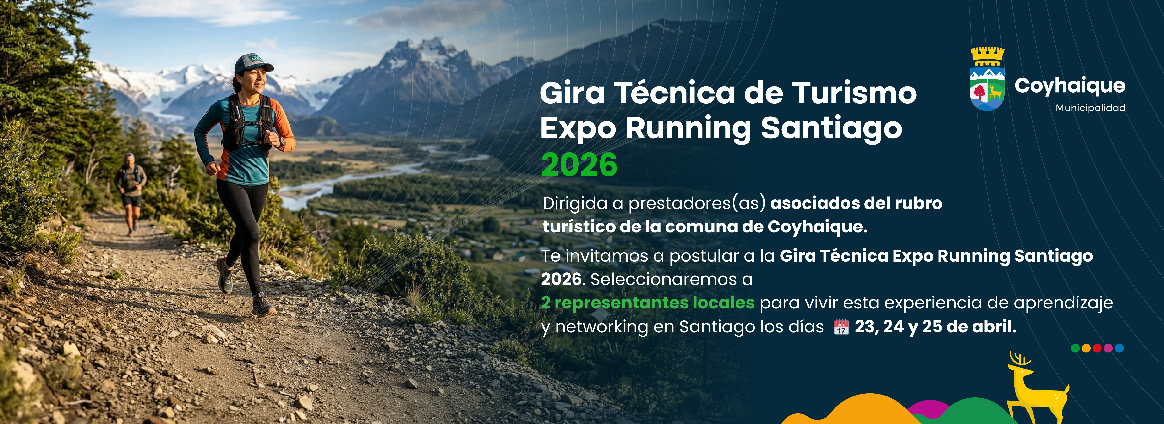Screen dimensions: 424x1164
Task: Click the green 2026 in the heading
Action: [579, 165]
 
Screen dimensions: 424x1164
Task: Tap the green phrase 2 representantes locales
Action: [648, 303]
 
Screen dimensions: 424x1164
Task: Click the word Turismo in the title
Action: [854, 93]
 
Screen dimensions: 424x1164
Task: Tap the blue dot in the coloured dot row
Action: [1119, 348]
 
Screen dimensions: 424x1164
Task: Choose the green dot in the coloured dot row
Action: [1076, 348]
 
